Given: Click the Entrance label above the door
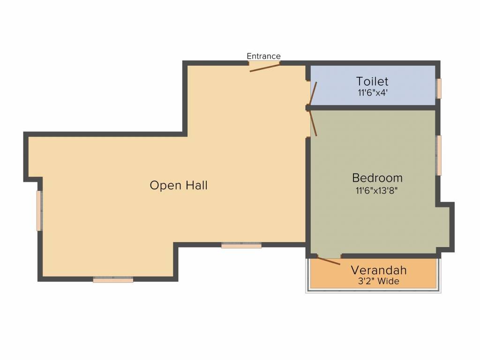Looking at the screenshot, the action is [263, 56].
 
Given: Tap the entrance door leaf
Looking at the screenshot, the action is [265, 68].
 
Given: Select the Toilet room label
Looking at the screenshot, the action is [372, 81].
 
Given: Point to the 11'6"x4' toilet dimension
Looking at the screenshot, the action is [373, 92].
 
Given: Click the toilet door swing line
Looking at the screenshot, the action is [313, 93].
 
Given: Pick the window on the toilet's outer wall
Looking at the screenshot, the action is [439, 89].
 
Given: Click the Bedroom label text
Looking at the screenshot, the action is [377, 178].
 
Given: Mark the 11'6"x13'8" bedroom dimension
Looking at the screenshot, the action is [376, 190].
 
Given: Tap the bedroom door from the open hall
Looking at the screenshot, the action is [313, 123].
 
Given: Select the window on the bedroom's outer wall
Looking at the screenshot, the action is [439, 155].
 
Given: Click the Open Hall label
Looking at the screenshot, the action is [179, 185].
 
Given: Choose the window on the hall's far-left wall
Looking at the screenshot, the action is [39, 210].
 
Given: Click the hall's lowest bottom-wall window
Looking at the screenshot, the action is [113, 279].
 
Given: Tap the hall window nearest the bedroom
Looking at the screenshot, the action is [241, 245].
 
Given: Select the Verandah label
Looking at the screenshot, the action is [379, 270].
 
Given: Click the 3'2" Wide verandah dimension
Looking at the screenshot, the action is [379, 281].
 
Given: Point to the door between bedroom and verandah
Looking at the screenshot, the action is [329, 261].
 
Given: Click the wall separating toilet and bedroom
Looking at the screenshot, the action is [371, 108].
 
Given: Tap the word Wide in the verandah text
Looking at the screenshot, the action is [389, 281].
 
